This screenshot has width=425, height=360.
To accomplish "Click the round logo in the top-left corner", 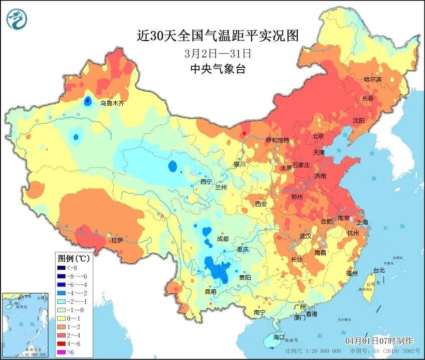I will click(x=17, y=19).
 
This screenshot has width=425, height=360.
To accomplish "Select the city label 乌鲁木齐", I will click(x=111, y=103).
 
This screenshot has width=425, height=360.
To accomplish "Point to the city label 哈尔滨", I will click(x=372, y=79).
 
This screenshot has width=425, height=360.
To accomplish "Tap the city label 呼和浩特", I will click(x=277, y=140).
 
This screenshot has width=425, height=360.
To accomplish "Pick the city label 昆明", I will click(x=210, y=291).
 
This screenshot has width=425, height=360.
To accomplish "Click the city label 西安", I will click(x=261, y=204).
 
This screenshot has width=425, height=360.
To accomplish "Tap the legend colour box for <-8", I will click(x=62, y=268).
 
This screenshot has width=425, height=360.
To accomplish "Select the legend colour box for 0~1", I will click(x=62, y=317).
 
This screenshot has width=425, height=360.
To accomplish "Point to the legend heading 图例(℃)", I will click(x=74, y=259).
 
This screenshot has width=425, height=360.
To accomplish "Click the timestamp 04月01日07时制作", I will click(x=379, y=340).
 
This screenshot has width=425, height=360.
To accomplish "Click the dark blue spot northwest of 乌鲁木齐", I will click(x=88, y=101).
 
